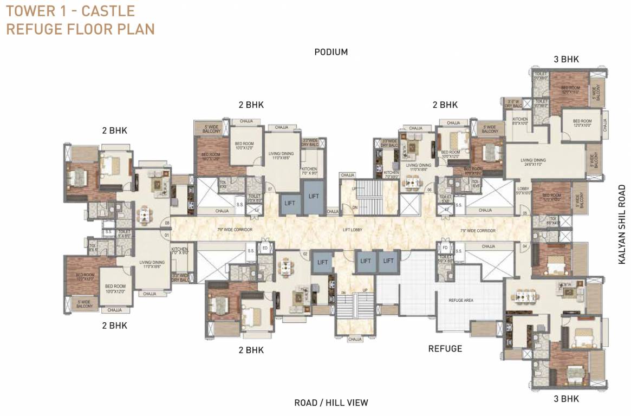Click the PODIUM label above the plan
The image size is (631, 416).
tap(331, 52)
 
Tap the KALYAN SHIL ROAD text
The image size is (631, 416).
tap(622, 225)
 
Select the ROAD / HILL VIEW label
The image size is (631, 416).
tap(331, 402)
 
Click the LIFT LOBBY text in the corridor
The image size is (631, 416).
tap(353, 230)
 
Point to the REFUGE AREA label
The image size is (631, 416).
tap(461, 300)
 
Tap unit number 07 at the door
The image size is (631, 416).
tap(269, 190)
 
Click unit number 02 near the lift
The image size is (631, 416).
tap(305, 253)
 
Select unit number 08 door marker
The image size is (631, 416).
tap(167, 223)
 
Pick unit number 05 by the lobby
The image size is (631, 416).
tap(524, 213)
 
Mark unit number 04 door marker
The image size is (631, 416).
tap(524, 247)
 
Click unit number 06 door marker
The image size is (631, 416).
tap(429, 190)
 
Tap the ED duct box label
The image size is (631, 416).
tap(265, 249)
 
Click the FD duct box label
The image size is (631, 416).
tap(445, 249)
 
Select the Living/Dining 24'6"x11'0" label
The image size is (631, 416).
tap(533, 163)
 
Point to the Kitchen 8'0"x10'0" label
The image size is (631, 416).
tap(520, 121)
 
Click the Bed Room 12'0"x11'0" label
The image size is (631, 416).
tap(570, 90)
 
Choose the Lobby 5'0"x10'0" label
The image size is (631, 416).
tap(523, 190)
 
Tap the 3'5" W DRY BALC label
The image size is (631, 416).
tap(512, 103)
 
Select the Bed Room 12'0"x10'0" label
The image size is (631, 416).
tap(582, 123)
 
